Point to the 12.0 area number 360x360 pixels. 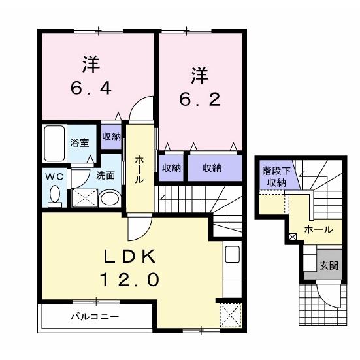point(129,280)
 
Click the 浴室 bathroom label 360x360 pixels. point(80,142)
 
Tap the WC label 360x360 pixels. point(54,176)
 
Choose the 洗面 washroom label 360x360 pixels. point(106,175)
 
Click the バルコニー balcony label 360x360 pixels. point(95,318)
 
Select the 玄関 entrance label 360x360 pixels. point(328,266)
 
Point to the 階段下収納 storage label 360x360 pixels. point(274,176)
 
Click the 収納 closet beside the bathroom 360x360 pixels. point(111,137)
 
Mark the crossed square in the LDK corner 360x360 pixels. point(230,314)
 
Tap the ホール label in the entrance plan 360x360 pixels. point(319,230)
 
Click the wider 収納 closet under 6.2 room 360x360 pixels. point(212,168)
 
